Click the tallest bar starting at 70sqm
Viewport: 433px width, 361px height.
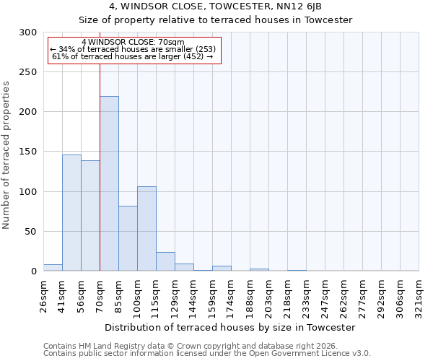(109, 184)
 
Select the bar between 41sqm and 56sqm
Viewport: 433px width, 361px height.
(71, 213)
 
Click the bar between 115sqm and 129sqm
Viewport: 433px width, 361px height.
(165, 261)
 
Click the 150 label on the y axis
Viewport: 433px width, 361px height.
(28, 152)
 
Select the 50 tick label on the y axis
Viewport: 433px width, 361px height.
(31, 232)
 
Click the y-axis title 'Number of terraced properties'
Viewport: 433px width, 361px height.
(6, 155)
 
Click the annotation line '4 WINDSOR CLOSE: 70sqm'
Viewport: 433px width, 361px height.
(133, 43)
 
